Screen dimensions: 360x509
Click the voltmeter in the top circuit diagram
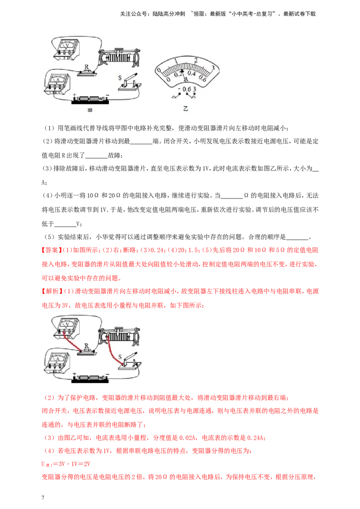(x=67, y=49)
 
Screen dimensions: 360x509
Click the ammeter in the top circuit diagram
(x=58, y=84)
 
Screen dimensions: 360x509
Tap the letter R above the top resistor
(x=86, y=67)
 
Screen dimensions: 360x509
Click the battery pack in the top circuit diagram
(x=90, y=99)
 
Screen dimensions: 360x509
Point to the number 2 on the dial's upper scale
(x=196, y=60)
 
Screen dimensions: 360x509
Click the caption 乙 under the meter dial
(x=185, y=108)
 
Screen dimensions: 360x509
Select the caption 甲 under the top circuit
(x=90, y=110)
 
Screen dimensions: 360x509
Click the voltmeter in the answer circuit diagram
(x=66, y=328)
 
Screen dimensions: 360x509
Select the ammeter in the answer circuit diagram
(x=58, y=362)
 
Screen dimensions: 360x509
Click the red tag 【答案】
(x=51, y=250)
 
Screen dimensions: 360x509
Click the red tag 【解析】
(x=51, y=291)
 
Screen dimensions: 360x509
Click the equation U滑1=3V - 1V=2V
(x=66, y=464)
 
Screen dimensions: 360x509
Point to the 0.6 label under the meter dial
(x=186, y=89)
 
